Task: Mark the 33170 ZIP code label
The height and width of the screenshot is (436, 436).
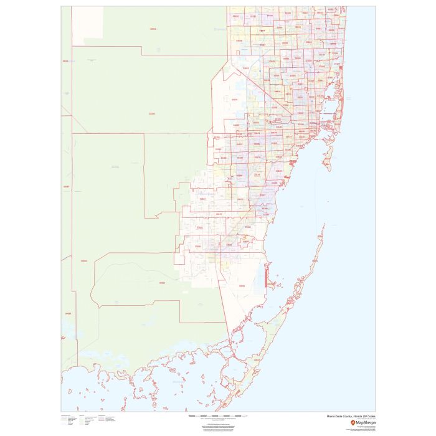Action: pos(218,214)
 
